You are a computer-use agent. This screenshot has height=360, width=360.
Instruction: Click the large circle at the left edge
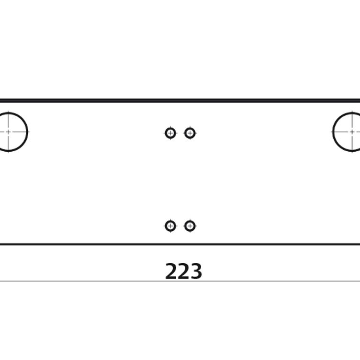tap(28, 132)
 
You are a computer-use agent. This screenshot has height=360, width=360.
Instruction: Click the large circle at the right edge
tap(333, 132)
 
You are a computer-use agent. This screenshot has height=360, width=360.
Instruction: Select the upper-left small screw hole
tap(170, 133)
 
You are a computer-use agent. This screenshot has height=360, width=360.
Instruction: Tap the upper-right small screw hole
tap(190, 133)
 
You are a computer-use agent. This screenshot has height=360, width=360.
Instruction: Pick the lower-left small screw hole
tap(170, 226)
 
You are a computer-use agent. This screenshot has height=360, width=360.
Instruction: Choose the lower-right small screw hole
tap(190, 226)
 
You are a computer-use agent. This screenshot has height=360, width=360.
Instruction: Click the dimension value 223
tap(183, 271)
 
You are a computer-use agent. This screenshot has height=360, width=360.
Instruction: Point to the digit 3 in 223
tap(196, 271)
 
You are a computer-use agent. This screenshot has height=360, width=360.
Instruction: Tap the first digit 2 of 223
tap(171, 271)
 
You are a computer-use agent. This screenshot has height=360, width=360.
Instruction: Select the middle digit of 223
tap(183, 271)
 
